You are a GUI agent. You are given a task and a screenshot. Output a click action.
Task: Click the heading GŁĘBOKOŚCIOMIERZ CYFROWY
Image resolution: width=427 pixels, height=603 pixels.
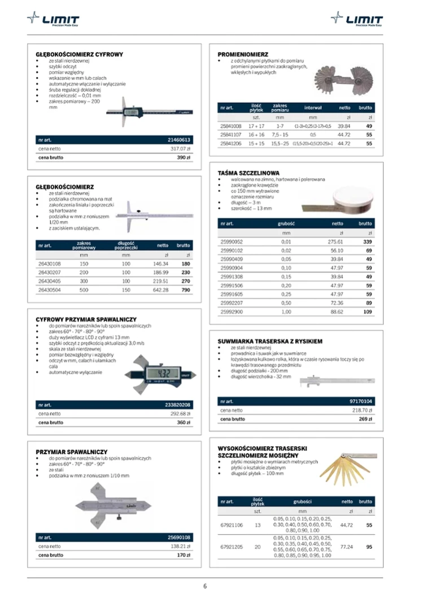pyautogui.click(x=79, y=54)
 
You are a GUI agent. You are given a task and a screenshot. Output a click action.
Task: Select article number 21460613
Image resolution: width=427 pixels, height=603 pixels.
pyautogui.click(x=180, y=140)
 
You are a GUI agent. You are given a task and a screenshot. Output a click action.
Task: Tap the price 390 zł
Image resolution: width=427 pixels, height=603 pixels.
pyautogui.click(x=184, y=157)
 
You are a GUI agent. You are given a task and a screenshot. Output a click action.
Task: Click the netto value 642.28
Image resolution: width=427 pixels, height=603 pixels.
pyautogui.click(x=161, y=289)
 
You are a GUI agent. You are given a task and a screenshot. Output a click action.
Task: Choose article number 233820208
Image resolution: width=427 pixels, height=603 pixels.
pyautogui.click(x=178, y=405)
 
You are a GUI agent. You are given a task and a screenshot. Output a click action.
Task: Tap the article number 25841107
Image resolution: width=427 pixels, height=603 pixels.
pyautogui.click(x=230, y=135)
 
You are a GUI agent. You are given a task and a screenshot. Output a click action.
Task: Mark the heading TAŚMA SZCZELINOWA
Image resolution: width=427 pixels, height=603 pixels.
pyautogui.click(x=249, y=173)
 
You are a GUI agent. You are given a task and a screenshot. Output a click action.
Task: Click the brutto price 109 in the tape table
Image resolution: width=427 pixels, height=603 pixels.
pyautogui.click(x=368, y=311)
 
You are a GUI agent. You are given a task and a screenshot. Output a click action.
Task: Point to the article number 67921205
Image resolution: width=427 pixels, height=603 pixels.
pyautogui.click(x=232, y=547)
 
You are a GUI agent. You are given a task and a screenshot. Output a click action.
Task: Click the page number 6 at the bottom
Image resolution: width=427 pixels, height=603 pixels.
pyautogui.click(x=205, y=586)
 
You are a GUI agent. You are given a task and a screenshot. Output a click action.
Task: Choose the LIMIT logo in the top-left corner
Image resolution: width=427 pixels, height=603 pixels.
pyautogui.click(x=53, y=20)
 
